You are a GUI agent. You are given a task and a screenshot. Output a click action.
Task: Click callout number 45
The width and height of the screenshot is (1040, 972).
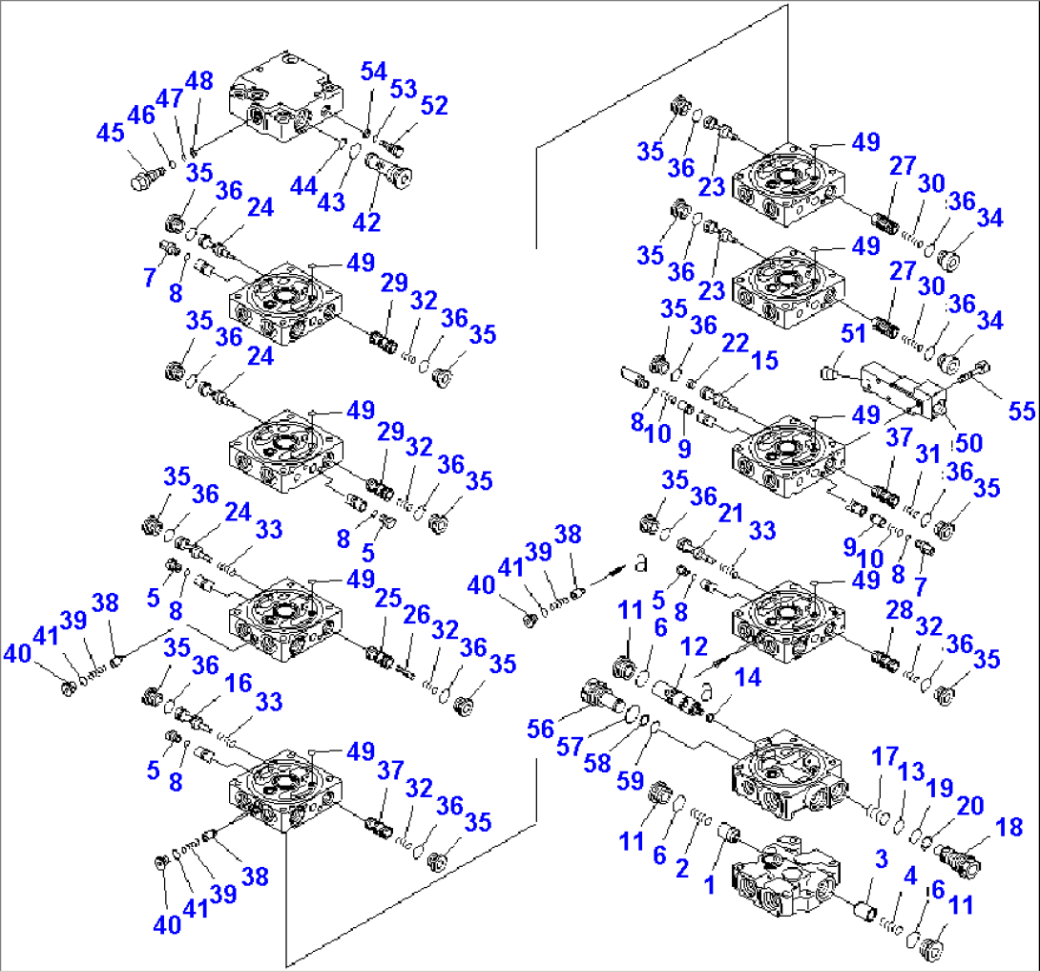coord(112,134)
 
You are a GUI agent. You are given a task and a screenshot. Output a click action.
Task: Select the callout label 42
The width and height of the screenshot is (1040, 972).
coord(366,222)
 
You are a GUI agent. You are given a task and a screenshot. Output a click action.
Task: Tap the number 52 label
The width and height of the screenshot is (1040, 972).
coord(433,106)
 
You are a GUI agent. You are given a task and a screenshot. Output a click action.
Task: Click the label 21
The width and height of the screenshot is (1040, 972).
coord(731,515)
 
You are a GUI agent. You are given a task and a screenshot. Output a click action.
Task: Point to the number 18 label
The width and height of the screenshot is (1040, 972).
coord(1009,827)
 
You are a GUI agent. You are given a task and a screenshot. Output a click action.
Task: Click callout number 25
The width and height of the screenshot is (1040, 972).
coord(387,599)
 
